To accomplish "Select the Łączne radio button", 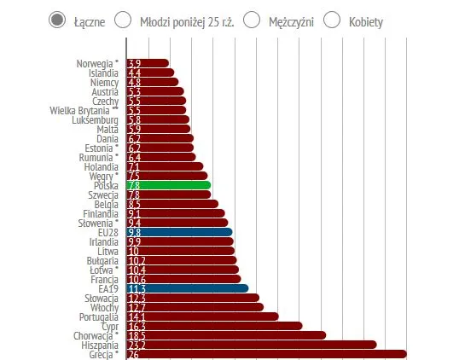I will coord(57,20).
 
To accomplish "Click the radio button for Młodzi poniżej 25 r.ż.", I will coord(123,20).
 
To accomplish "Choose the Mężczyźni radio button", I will coord(252,20).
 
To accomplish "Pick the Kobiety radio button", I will coord(332,20).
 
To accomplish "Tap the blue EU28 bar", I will coord(179,232).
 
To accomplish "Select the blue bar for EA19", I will coord(187,288).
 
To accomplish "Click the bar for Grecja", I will coord(265,354).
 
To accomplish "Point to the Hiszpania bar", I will coord(252,345).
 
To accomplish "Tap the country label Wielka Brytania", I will coord(85,110).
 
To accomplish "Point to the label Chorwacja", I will coord(95,335).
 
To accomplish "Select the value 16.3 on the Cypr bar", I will coord(134,326).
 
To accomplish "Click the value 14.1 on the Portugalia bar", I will coord(134,316).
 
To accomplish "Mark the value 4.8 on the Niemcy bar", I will coord(134,82).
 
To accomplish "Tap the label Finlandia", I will coord(101,213).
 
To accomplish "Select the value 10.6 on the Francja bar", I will coord(134,279).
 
